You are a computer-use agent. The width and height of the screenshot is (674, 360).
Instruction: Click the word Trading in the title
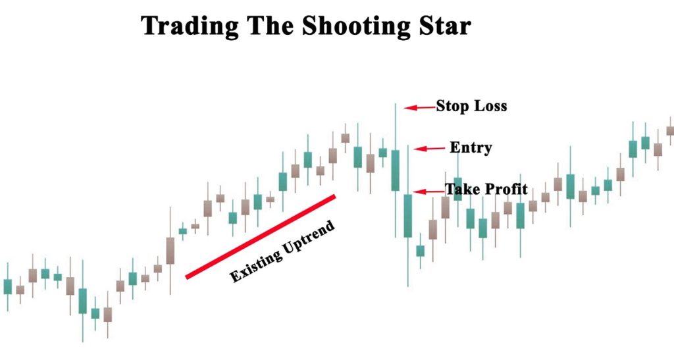[182, 26]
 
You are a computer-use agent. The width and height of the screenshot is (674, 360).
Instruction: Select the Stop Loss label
[471, 105]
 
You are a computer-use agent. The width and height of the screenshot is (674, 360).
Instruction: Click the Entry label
[471, 147]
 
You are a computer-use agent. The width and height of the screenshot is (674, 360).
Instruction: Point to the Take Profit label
[486, 190]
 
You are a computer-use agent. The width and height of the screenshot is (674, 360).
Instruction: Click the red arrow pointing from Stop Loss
[419, 107]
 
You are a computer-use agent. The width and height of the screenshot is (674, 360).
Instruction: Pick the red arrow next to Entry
[428, 149]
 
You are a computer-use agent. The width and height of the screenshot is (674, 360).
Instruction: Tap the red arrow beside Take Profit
[428, 192]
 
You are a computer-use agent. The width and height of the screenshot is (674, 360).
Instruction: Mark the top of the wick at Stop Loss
[396, 104]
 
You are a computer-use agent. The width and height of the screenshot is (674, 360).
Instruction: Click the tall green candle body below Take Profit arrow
[408, 215]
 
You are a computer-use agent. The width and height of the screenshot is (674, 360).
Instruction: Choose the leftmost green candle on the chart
[8, 286]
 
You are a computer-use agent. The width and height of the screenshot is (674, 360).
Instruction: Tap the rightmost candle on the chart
[670, 130]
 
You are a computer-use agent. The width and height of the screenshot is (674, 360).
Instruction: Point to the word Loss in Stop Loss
[490, 105]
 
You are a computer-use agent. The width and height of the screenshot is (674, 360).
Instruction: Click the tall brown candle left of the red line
[170, 250]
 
